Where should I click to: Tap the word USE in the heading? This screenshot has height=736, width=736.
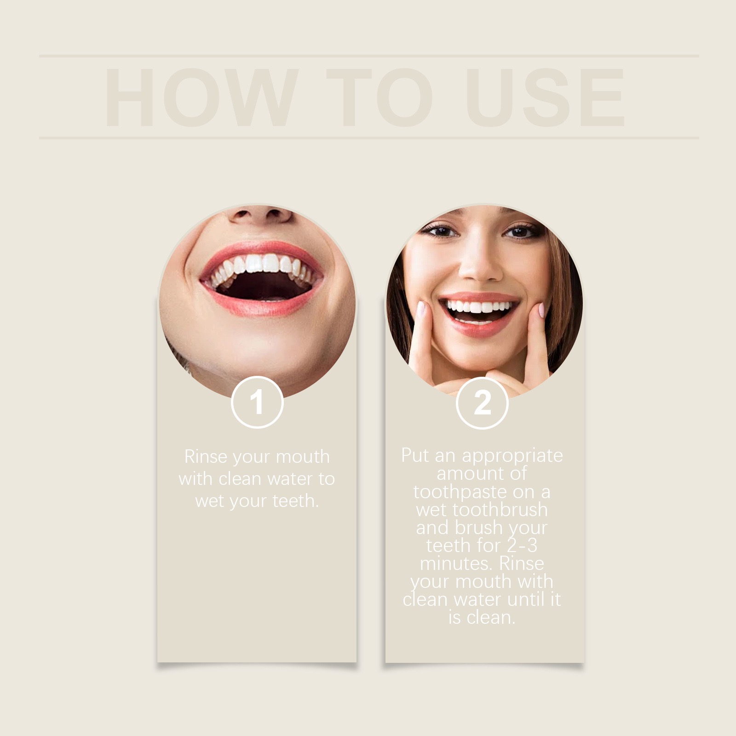[x=545, y=98]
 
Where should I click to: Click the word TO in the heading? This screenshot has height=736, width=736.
[x=379, y=98]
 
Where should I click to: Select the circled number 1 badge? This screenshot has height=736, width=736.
[x=257, y=402]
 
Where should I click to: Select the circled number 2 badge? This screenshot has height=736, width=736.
[x=482, y=402]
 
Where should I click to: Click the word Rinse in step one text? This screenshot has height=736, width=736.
[x=206, y=457]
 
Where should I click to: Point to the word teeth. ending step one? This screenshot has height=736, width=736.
[x=295, y=501]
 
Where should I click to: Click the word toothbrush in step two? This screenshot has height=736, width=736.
[x=500, y=510]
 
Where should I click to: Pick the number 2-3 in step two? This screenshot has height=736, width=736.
[x=522, y=546]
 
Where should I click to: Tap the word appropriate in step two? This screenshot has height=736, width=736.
[x=512, y=455]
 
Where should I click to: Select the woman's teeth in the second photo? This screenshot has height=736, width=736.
[x=478, y=306]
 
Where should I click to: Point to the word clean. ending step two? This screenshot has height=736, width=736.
[x=494, y=618]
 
